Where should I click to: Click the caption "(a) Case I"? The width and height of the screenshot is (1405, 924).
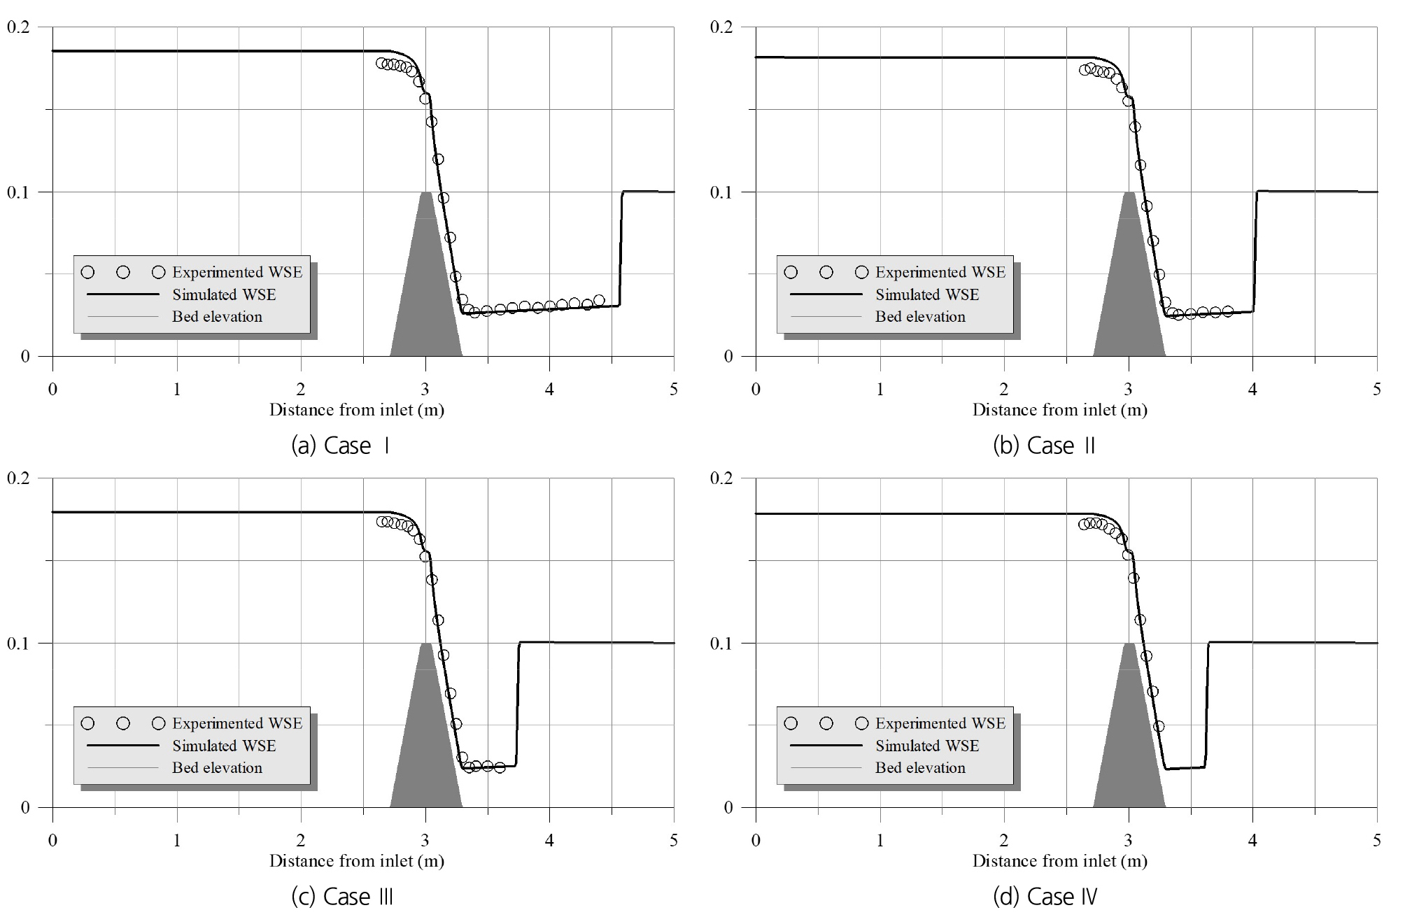[x=340, y=446]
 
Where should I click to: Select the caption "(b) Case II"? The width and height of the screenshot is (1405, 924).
[x=1044, y=446]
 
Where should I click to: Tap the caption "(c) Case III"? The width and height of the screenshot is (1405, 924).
[x=341, y=897]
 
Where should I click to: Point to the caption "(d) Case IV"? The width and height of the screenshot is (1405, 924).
[x=1045, y=897]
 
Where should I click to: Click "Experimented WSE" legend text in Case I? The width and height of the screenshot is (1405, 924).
[x=237, y=272]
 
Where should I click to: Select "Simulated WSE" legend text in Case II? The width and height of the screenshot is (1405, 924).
[x=927, y=294]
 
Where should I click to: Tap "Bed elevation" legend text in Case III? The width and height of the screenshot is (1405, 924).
[x=217, y=767]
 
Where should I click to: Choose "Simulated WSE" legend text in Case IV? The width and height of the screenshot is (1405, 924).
[x=927, y=746]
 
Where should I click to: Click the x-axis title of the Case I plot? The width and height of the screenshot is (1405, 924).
[x=357, y=410]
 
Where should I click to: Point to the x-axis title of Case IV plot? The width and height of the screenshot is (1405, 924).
[x=1059, y=861]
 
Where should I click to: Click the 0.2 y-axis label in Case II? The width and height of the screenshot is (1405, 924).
[x=721, y=27]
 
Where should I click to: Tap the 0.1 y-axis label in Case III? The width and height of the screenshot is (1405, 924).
[x=18, y=644]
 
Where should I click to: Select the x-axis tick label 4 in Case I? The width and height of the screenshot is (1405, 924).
[x=549, y=389]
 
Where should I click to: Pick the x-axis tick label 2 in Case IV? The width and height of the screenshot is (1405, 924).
[x=1004, y=840]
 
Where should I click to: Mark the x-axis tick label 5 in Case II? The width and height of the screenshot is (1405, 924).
[x=1376, y=389]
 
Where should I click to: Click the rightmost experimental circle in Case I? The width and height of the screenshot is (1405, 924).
[x=599, y=300]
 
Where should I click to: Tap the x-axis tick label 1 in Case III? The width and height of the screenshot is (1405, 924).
[x=177, y=840]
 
